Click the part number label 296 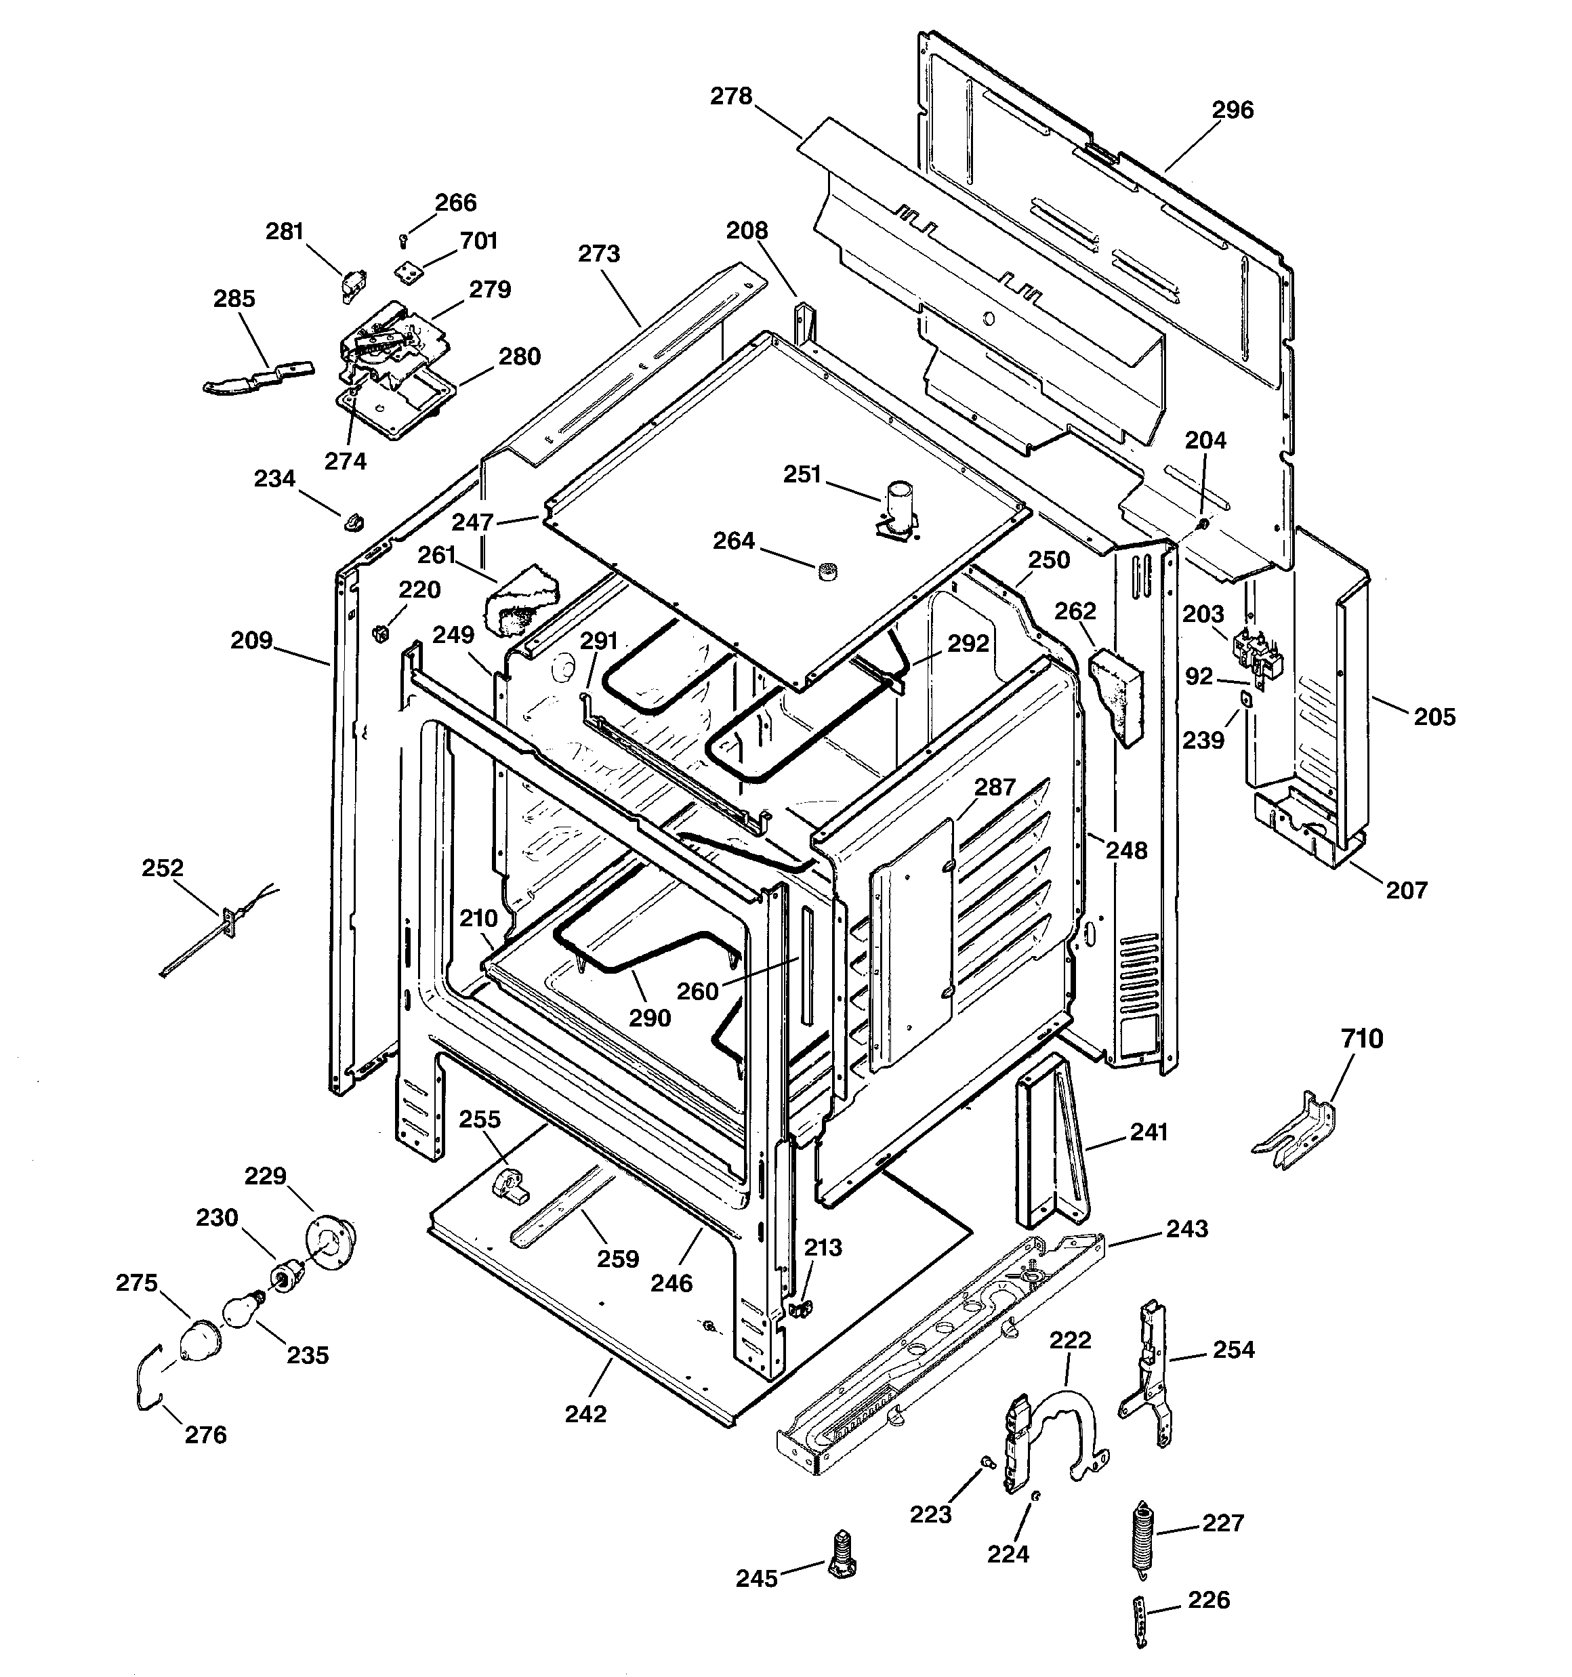click(1232, 110)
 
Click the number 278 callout click(730, 97)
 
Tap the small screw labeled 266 click(403, 242)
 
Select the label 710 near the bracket click(1362, 1039)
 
